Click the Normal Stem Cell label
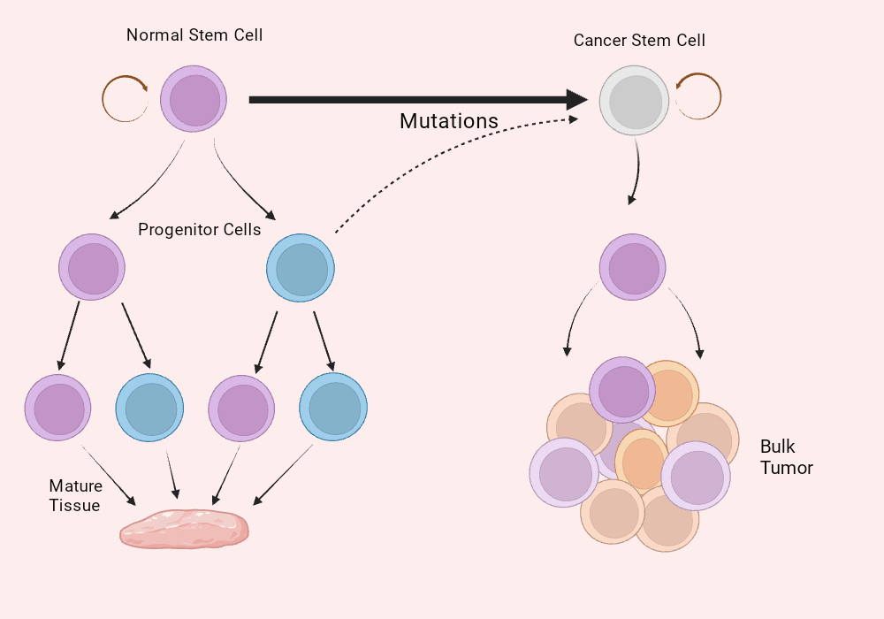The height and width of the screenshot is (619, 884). click(194, 35)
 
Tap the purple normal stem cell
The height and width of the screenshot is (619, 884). click(194, 100)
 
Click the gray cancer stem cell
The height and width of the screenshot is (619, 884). click(635, 101)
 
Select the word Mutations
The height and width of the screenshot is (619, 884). click(449, 121)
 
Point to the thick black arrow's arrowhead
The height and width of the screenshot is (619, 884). click(577, 100)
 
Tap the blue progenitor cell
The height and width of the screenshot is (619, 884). click(301, 268)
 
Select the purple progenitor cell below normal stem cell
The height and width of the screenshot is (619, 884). click(92, 268)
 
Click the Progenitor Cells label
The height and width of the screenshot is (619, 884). click(200, 230)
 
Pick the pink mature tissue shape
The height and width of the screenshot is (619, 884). click(184, 530)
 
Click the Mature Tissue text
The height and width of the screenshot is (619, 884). click(75, 496)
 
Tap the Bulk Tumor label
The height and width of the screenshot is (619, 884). click(786, 457)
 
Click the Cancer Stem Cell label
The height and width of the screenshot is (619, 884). click(639, 41)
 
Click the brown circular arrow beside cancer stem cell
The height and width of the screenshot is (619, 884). click(700, 97)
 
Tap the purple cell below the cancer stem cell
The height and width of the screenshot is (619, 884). click(633, 268)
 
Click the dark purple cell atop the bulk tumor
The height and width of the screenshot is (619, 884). click(622, 390)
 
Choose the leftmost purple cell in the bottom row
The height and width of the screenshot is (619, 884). click(58, 408)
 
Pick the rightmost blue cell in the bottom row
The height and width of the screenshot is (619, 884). click(333, 408)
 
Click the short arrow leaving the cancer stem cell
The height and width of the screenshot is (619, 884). click(635, 172)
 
